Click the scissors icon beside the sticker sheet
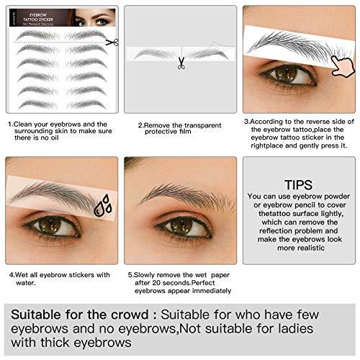click(x=111, y=42)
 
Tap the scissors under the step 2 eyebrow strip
click(x=181, y=64)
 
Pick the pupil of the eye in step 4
click(x=51, y=225)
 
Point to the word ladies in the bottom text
click(x=317, y=329)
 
